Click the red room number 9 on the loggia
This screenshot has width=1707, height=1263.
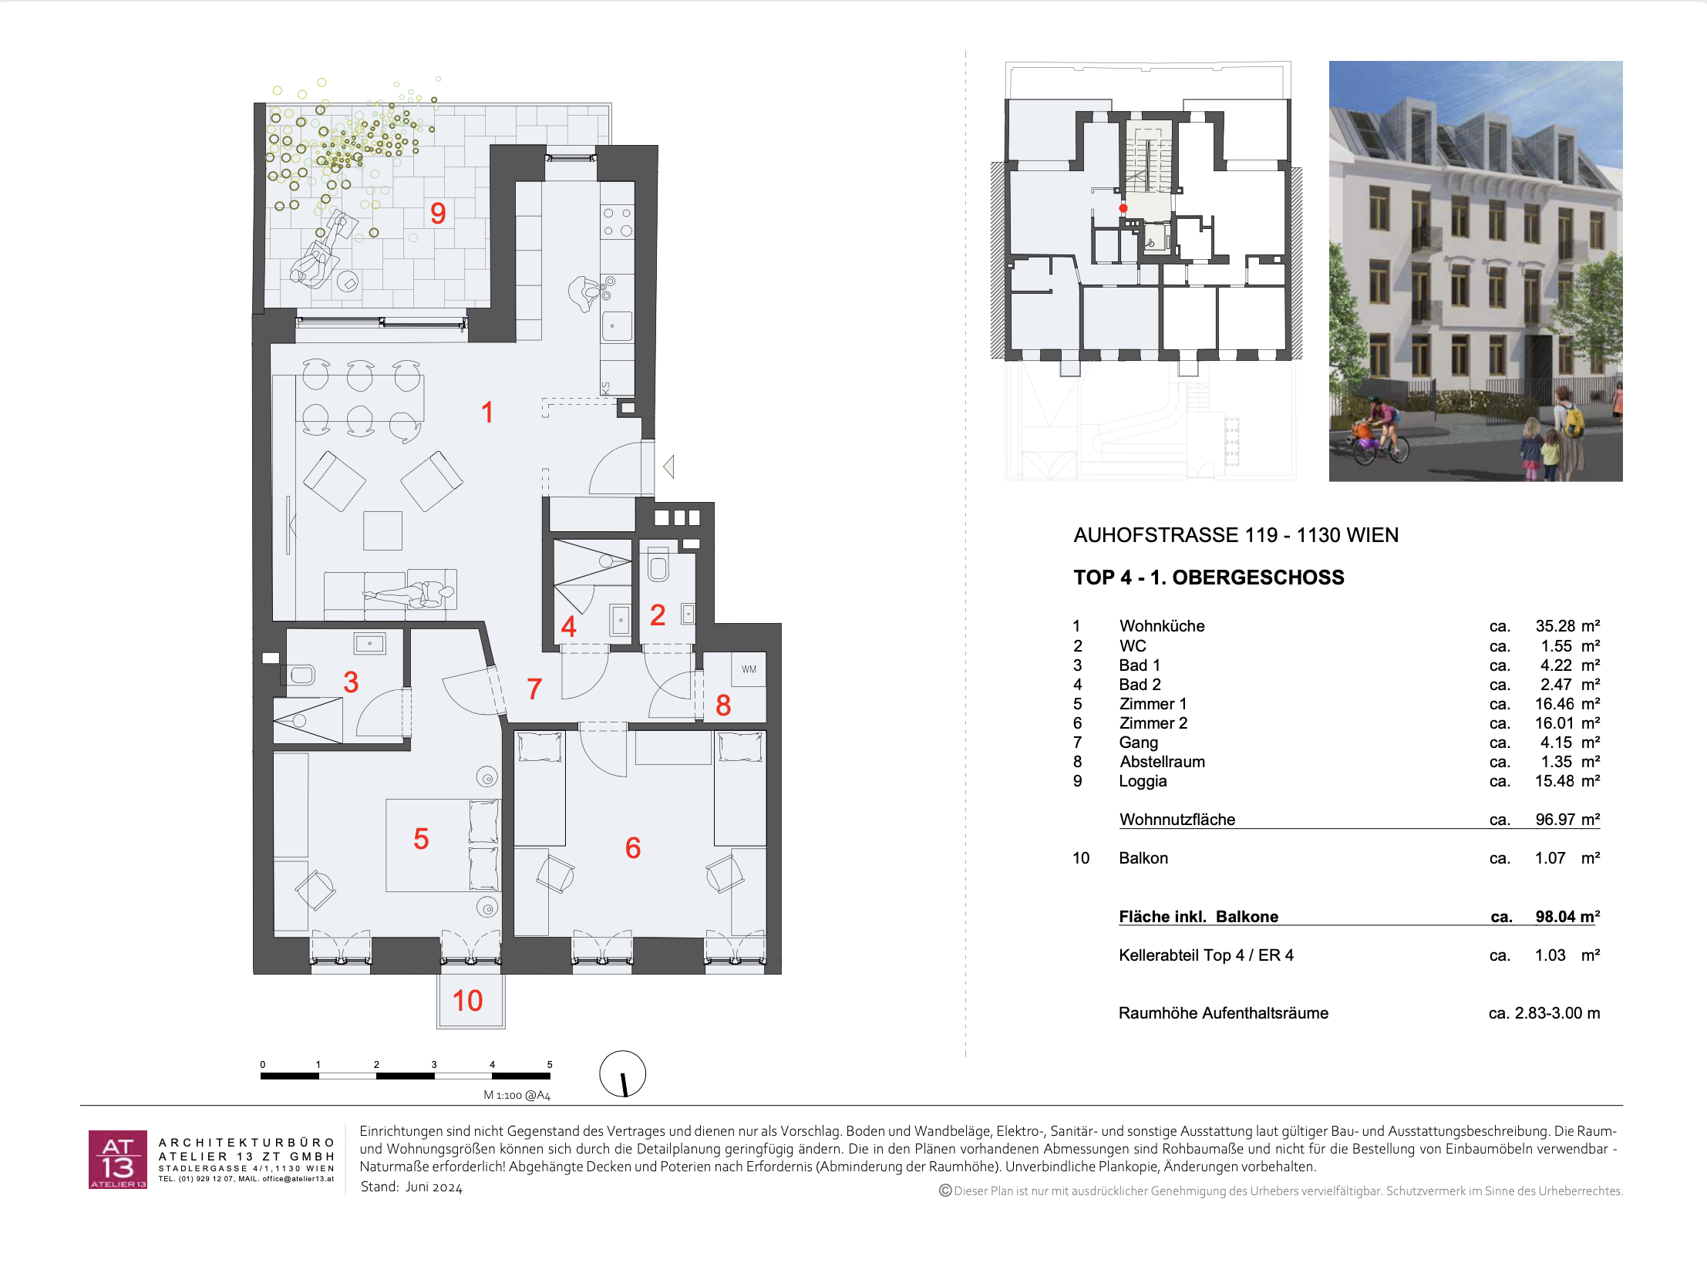point(438,213)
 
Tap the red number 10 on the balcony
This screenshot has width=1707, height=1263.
point(467,1000)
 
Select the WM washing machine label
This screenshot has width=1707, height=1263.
point(749,669)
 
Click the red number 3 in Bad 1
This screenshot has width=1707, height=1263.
point(351,682)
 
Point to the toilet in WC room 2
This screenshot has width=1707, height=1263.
point(658,564)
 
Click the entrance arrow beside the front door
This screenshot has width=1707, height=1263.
point(669,466)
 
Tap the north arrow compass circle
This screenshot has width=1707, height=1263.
point(622,1073)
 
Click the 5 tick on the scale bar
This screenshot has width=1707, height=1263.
point(550,1064)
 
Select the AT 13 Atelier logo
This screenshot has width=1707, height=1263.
point(118,1160)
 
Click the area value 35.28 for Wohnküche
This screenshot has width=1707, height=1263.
point(1555,626)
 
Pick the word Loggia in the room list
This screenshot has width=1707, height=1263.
point(1143,781)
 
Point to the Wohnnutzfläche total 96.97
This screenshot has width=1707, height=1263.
point(1555,819)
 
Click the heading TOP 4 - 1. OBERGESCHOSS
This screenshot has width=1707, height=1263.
point(1208,578)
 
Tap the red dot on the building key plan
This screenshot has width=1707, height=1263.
point(1123,208)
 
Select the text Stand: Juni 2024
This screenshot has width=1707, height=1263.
point(412,1187)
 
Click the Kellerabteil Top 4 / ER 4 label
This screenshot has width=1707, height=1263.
point(1206,955)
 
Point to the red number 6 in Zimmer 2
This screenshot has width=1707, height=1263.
point(633,848)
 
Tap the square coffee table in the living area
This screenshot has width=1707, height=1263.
point(383,530)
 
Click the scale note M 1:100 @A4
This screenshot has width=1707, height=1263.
point(517,1095)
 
